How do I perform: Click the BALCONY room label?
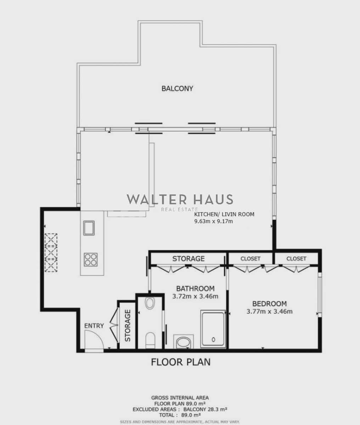[177, 88]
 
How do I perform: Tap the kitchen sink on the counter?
[89, 228]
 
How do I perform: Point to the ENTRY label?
[94, 325]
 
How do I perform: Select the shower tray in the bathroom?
[213, 329]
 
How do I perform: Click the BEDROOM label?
[269, 304]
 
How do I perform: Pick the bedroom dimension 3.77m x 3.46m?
[269, 312]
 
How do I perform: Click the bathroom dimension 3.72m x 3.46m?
[195, 296]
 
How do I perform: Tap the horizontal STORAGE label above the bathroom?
[189, 259]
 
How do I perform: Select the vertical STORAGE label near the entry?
[128, 325]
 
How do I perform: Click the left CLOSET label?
[251, 259]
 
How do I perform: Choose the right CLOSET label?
[296, 259]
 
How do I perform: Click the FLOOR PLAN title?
[181, 362]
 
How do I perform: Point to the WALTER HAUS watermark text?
[180, 199]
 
